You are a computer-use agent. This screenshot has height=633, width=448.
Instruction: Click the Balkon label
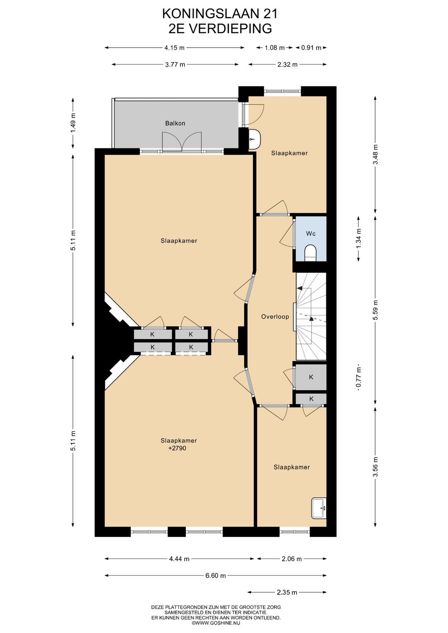point(175,123)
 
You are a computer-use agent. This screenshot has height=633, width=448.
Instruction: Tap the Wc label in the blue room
point(311,234)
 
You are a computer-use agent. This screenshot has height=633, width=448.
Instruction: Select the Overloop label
point(275,316)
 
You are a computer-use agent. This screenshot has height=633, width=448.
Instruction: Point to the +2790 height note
point(177,448)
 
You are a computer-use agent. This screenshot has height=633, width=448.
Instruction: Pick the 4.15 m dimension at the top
point(174,48)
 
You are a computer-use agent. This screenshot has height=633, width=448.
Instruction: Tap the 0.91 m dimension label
point(311,48)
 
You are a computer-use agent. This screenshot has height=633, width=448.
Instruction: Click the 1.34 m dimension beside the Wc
point(359,239)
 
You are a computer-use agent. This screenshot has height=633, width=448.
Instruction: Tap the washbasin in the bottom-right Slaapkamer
point(319,508)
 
